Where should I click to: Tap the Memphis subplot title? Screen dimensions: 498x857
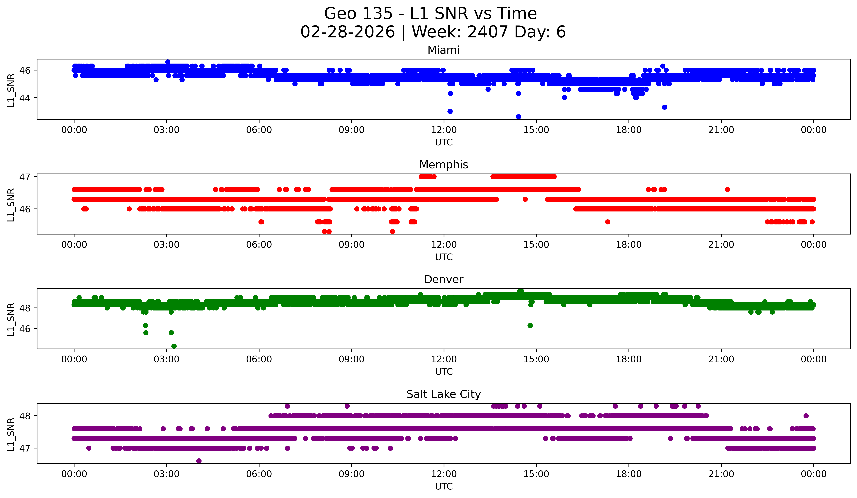pos(444,165)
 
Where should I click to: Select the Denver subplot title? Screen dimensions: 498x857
pos(444,279)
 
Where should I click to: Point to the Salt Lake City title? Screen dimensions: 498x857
pos(444,394)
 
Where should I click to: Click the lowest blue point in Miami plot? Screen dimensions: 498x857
pos(518,117)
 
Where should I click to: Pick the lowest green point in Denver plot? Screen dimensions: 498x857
pos(174,346)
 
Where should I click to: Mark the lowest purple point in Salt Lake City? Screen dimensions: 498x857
pos(199,461)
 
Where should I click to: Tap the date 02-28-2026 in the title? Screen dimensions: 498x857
pos(348,32)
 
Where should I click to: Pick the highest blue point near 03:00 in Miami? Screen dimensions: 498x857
pos(168,62)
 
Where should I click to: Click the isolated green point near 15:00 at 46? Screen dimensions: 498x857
pos(530,325)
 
